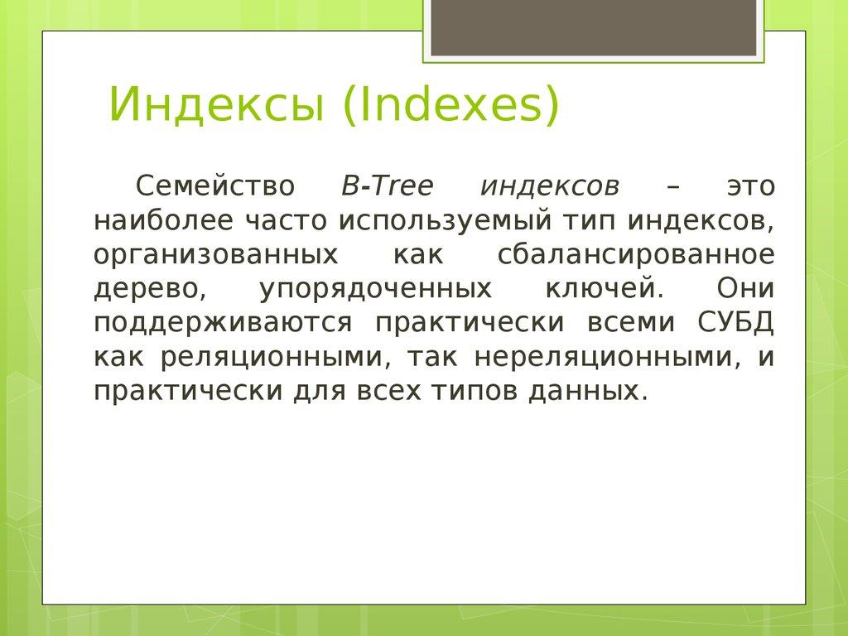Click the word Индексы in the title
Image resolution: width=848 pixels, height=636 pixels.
point(218,106)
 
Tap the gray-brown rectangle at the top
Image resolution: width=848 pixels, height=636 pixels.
point(593,27)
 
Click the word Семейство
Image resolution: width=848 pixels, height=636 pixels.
point(214,186)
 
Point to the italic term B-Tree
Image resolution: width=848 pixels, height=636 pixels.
point(387,186)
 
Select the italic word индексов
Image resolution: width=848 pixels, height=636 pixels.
point(549,186)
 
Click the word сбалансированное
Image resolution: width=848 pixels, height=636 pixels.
point(637,254)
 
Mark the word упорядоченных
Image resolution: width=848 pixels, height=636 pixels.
point(374,288)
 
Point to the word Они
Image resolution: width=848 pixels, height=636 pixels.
point(744,288)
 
